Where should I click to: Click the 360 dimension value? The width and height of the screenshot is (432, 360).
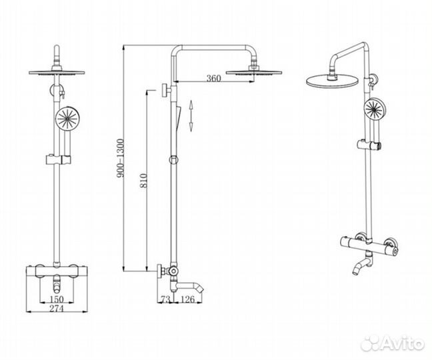click(214, 78)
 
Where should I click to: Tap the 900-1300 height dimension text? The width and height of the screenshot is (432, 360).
click(121, 158)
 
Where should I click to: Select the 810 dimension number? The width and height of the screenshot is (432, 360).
click(143, 181)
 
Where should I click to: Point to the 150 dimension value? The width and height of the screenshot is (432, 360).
click(57, 299)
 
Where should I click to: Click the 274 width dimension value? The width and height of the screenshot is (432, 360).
click(57, 309)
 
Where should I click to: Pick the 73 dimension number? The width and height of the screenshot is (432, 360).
click(165, 299)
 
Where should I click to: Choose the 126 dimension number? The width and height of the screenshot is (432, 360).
click(188, 299)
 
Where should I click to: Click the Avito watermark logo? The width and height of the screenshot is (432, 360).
click(392, 343)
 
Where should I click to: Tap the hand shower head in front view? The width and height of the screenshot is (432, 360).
click(67, 119)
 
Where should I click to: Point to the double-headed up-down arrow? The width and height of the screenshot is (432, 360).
click(191, 116)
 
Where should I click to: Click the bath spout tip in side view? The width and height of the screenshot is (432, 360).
click(202, 290)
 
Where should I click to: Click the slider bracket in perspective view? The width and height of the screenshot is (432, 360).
click(369, 145)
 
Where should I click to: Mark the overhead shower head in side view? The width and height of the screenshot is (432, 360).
click(254, 72)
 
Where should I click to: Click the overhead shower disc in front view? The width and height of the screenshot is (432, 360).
click(57, 73)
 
